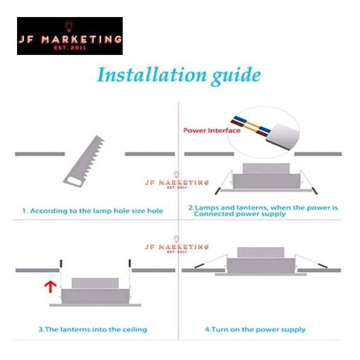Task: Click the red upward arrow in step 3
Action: (x=50, y=287)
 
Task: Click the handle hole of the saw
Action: (x=73, y=181)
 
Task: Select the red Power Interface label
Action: (x=212, y=131)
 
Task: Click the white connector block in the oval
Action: (x=283, y=136)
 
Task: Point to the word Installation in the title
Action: (x=152, y=75)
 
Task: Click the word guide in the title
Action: (x=236, y=76)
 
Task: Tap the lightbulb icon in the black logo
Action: (x=69, y=26)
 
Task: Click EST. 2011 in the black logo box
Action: (x=70, y=48)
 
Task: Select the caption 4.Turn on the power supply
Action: (x=255, y=330)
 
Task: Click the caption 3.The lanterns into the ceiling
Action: (x=93, y=330)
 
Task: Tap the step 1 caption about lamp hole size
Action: (x=93, y=211)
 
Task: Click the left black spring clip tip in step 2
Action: (x=217, y=191)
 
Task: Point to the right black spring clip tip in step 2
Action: (x=315, y=191)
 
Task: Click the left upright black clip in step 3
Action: (x=61, y=263)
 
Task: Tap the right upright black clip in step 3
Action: (x=130, y=263)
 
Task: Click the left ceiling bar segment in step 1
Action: (x=40, y=154)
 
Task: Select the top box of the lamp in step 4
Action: (x=261, y=252)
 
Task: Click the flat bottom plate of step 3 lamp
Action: (x=95, y=305)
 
